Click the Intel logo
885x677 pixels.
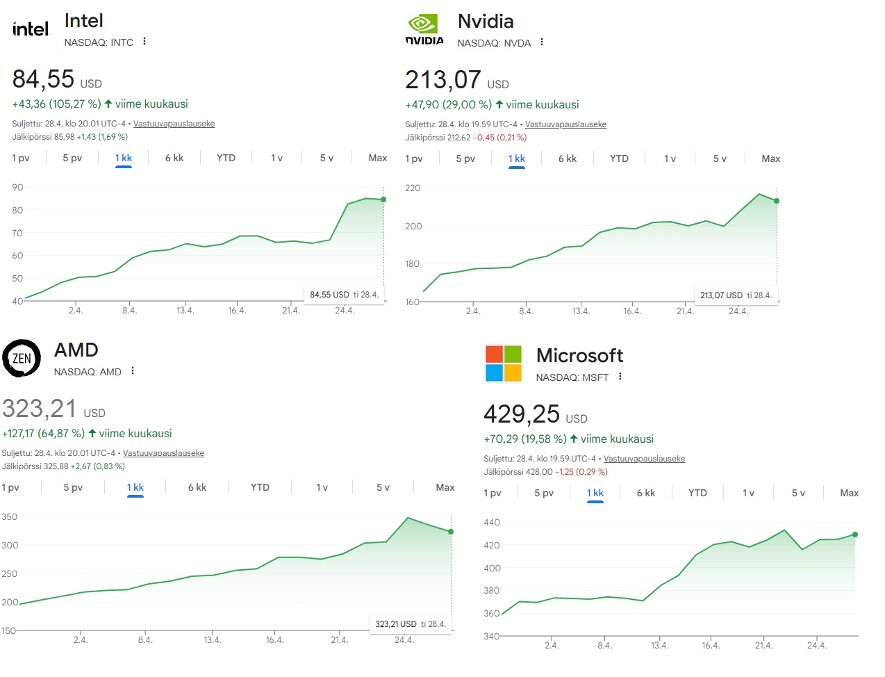(x=31, y=29)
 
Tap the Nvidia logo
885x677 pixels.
(x=424, y=30)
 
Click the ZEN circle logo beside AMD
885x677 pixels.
(x=22, y=359)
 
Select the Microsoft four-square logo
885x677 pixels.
(x=503, y=364)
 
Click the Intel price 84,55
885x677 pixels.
(x=43, y=79)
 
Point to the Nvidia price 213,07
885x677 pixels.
(x=443, y=80)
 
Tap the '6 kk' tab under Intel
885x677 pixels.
(x=174, y=158)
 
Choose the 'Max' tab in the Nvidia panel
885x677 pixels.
(x=770, y=158)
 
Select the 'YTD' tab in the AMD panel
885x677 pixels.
(x=260, y=487)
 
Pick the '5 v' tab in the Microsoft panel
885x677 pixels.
(x=798, y=493)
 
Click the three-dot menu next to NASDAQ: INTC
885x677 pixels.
(x=144, y=42)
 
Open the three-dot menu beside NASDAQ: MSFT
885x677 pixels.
(x=620, y=377)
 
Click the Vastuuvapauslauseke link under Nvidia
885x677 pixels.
(x=565, y=124)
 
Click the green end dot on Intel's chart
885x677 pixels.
(x=383, y=199)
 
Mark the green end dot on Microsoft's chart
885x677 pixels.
(x=855, y=535)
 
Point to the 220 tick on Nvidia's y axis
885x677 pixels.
(x=413, y=188)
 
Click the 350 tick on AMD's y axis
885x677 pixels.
(x=10, y=517)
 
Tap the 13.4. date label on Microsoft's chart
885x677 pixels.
(x=659, y=646)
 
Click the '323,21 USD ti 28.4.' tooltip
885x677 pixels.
(x=410, y=624)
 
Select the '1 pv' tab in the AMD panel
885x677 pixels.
(x=10, y=487)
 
